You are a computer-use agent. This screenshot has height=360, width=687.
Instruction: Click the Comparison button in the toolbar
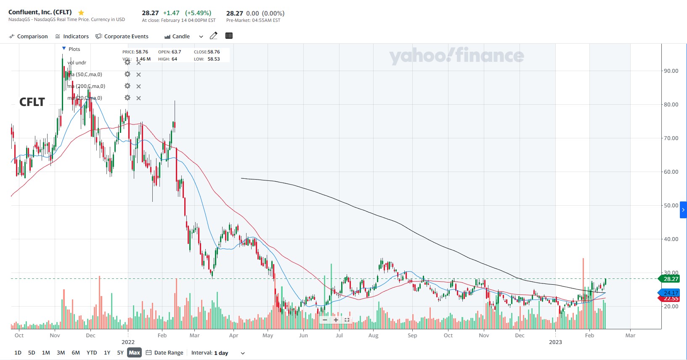28,37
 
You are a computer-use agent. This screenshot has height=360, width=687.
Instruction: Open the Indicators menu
72,37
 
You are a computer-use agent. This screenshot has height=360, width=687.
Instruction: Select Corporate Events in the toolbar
122,37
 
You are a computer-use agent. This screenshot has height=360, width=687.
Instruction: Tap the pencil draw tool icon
214,36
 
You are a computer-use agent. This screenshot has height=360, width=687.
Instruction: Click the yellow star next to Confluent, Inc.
81,13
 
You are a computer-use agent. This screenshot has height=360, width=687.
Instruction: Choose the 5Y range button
120,352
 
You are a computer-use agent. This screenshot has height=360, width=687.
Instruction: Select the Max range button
134,352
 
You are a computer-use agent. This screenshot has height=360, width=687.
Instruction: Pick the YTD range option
92,352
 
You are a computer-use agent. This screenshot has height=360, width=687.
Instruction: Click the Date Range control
165,352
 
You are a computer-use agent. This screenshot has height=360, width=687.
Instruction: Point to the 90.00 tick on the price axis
671,71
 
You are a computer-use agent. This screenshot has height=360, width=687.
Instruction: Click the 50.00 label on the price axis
671,205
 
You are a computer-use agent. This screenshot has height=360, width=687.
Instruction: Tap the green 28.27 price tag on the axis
670,279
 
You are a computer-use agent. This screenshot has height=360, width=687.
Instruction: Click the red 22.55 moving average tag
671,299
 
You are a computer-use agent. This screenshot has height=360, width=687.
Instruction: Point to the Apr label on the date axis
233,335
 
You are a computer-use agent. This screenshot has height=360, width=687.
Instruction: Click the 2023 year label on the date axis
555,342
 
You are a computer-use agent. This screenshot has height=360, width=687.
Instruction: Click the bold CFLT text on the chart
32,102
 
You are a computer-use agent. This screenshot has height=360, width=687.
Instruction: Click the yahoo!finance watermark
456,56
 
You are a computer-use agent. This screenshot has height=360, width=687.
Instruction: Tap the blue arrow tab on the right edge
683,210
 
